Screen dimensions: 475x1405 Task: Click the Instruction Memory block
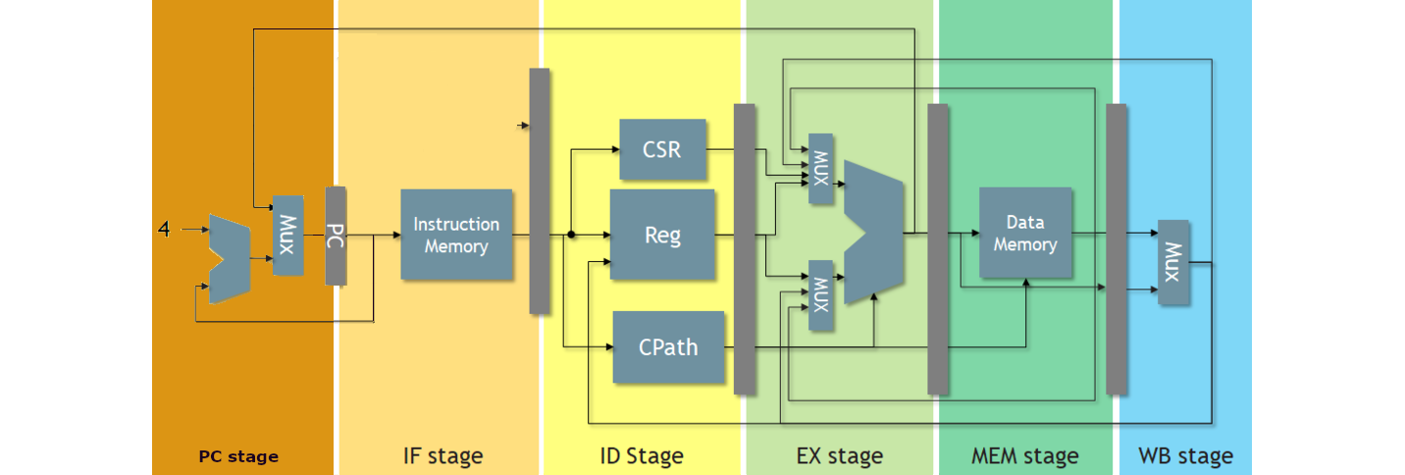pos(456,235)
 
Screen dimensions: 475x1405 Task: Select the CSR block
pos(662,149)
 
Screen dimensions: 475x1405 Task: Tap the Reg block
pos(662,235)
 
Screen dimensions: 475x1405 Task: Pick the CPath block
pos(668,346)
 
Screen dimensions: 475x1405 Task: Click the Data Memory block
pos(1025,234)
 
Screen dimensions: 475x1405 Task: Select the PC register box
pos(336,236)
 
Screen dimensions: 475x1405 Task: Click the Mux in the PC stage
pos(287,235)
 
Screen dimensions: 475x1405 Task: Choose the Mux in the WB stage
pos(1173,261)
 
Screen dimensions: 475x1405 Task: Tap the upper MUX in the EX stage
pos(820,168)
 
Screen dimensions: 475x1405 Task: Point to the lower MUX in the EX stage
pos(820,294)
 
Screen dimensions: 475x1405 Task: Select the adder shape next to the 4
pos(230,259)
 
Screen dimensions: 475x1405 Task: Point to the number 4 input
pos(164,230)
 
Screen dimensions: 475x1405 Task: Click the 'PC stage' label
pos(238,456)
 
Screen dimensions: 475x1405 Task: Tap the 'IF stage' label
pos(442,456)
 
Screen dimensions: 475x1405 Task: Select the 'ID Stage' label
pos(642,456)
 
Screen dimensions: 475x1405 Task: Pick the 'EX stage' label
pos(839,456)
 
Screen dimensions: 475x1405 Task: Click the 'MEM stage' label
pos(1024,456)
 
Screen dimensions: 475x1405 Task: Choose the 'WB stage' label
pos(1185,456)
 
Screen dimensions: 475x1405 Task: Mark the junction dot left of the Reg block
pos(571,235)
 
